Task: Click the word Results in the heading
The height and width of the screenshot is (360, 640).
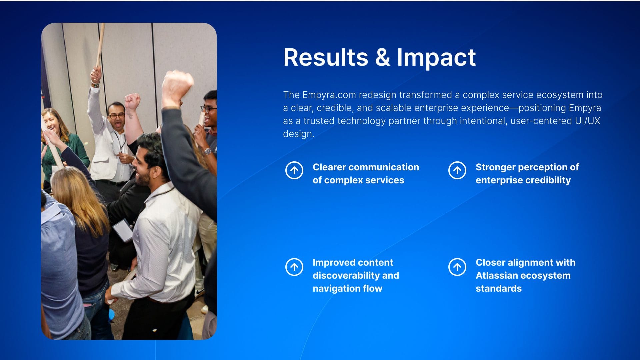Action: point(326,57)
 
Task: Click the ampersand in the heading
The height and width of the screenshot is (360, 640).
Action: point(383,57)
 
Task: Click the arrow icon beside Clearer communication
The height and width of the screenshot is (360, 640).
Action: point(294,170)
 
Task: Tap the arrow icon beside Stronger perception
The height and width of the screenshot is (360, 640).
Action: point(457,170)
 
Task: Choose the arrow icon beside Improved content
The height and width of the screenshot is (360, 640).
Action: point(294,267)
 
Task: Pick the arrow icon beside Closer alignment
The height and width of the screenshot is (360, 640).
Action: point(457,267)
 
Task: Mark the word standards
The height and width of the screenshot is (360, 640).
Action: point(499,288)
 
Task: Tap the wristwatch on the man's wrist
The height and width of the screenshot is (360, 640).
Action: point(208,151)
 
